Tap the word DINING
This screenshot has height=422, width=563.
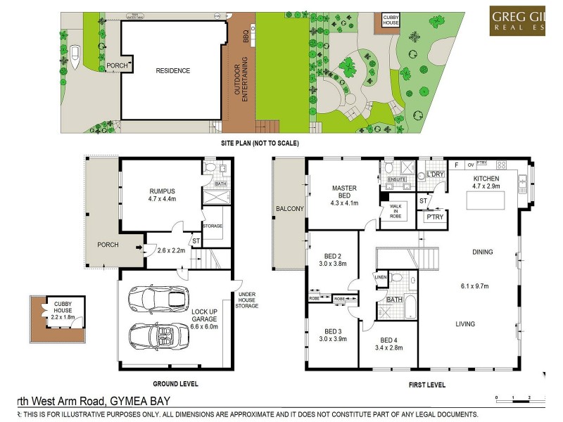click(483, 252)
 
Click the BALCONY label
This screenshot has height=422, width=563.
click(289, 209)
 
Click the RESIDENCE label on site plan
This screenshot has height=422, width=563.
click(173, 70)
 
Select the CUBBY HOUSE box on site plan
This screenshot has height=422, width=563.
click(391, 20)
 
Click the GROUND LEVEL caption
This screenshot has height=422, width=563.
click(175, 384)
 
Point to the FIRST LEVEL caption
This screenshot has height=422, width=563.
click(427, 385)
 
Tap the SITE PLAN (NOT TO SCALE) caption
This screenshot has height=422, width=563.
click(260, 143)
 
